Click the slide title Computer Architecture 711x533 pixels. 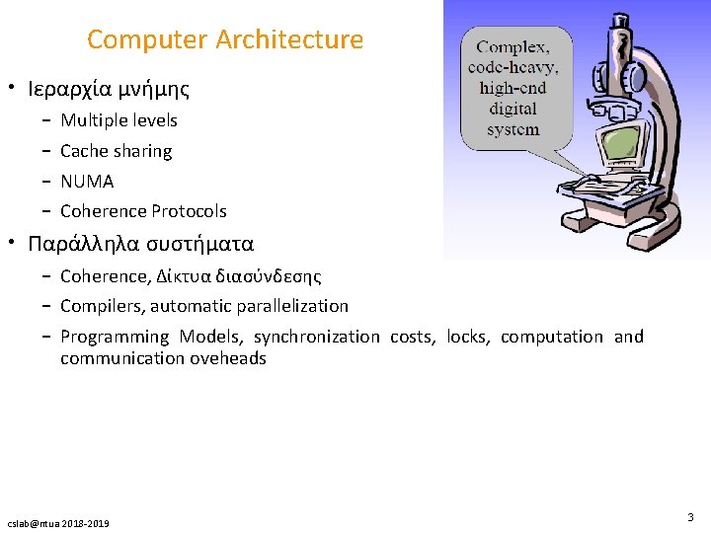(x=225, y=40)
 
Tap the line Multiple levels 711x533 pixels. (x=118, y=120)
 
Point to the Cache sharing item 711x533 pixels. (x=116, y=151)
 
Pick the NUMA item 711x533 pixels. (x=87, y=182)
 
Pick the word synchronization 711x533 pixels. (x=316, y=337)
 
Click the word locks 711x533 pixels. (x=467, y=337)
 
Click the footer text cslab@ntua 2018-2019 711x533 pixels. (x=58, y=522)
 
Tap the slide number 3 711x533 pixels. (x=690, y=516)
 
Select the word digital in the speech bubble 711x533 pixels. (x=513, y=109)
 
